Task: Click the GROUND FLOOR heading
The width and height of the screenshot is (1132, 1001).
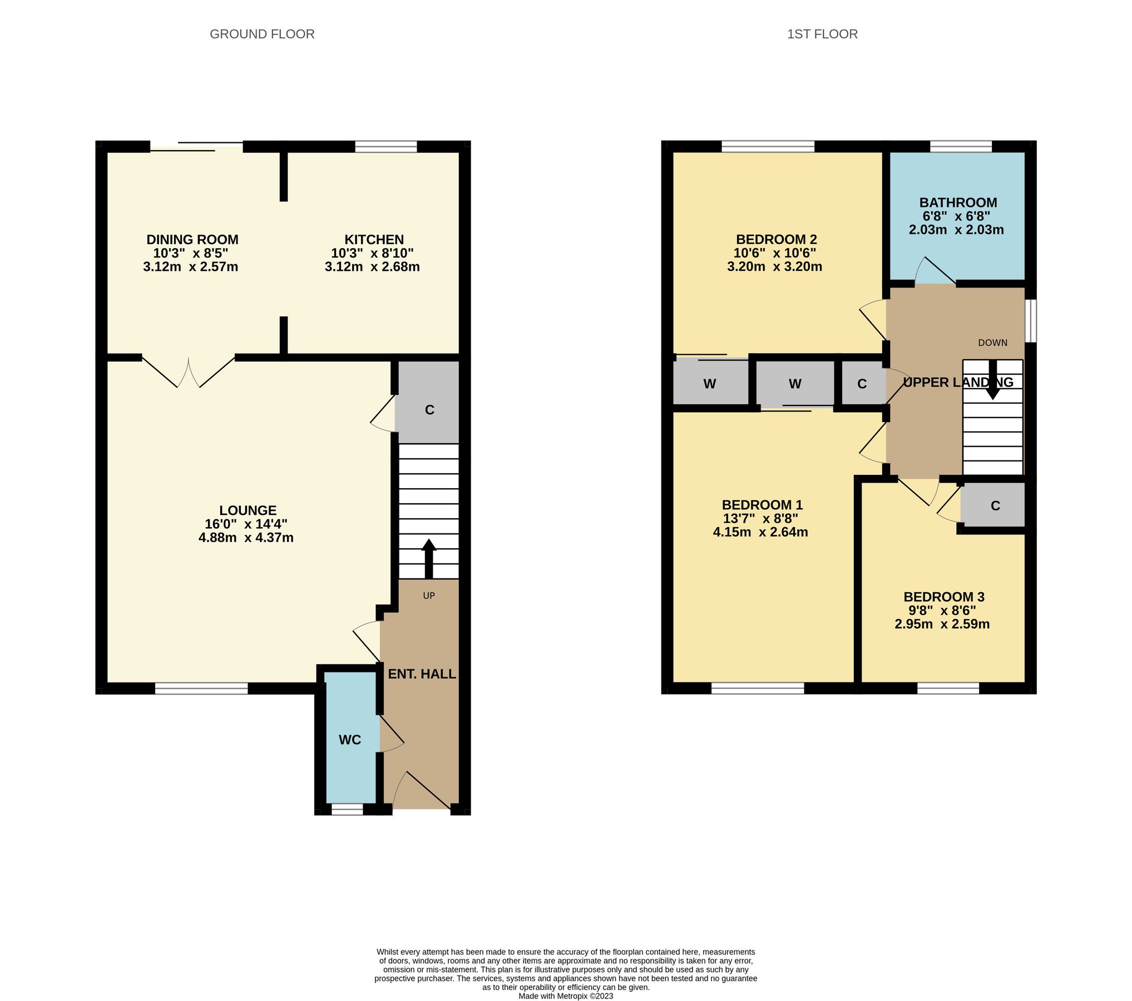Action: click(262, 34)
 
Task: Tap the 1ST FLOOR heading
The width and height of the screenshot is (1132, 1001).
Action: click(822, 34)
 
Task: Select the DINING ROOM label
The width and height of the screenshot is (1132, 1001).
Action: click(192, 240)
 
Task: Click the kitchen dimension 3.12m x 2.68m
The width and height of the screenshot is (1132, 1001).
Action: click(372, 267)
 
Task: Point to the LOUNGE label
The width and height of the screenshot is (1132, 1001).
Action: click(248, 511)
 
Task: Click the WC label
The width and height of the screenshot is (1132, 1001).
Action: click(350, 740)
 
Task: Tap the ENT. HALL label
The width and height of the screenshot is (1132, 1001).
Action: click(422, 674)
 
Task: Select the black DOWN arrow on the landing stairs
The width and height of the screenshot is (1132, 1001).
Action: click(992, 381)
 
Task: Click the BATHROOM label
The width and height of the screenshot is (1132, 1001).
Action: click(958, 202)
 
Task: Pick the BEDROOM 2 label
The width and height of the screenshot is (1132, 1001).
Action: click(776, 240)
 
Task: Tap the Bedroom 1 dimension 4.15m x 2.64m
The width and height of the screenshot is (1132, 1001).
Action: click(760, 532)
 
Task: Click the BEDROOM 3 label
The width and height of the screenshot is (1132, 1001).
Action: click(944, 597)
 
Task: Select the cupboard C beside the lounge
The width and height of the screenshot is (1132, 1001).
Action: click(429, 410)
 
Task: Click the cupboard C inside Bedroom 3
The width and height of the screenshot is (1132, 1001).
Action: click(995, 506)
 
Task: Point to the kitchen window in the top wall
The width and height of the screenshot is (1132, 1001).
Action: click(385, 147)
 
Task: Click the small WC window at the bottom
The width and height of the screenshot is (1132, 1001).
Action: click(347, 810)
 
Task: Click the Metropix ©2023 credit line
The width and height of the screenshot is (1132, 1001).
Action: click(566, 996)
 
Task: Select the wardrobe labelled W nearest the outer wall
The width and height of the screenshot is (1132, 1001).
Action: click(709, 384)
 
